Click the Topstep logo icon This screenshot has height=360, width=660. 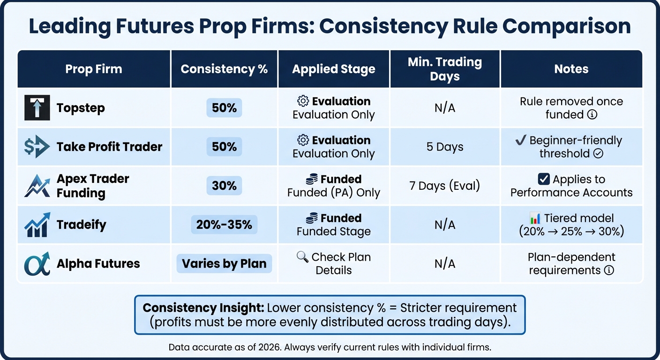(37, 108)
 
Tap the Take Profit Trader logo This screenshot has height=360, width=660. (37, 147)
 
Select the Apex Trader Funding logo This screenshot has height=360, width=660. (37, 186)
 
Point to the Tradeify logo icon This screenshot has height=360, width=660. (37, 225)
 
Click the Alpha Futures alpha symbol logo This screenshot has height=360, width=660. (37, 263)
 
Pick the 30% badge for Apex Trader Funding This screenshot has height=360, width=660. (224, 186)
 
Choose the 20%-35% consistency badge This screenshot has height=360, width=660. (224, 225)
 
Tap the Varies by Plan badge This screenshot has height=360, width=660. (224, 263)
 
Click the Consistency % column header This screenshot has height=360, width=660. (224, 69)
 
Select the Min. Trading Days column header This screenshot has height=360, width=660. (445, 69)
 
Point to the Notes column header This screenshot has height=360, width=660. (571, 69)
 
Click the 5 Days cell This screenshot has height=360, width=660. (445, 147)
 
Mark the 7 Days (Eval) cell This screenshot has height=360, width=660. (445, 186)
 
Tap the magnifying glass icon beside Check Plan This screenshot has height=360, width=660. (302, 257)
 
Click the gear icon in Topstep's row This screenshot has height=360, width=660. (303, 101)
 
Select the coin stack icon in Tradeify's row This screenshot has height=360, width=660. (311, 218)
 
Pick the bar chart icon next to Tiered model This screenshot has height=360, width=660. (535, 218)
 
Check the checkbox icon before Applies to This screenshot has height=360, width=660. (543, 179)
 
